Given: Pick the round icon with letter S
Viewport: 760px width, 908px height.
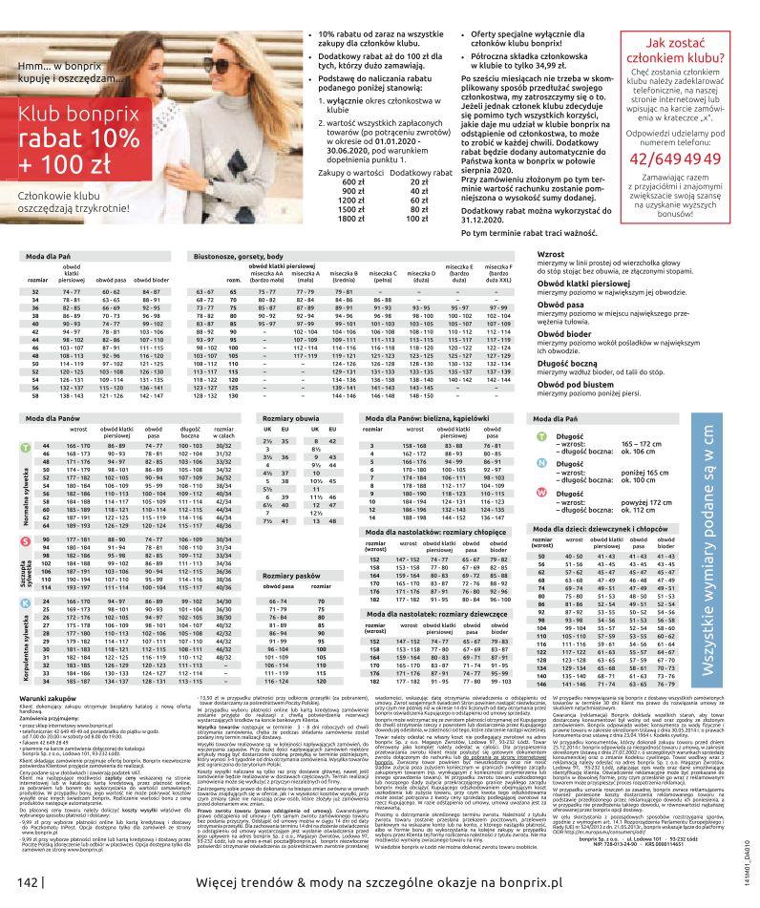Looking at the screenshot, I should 24,540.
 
